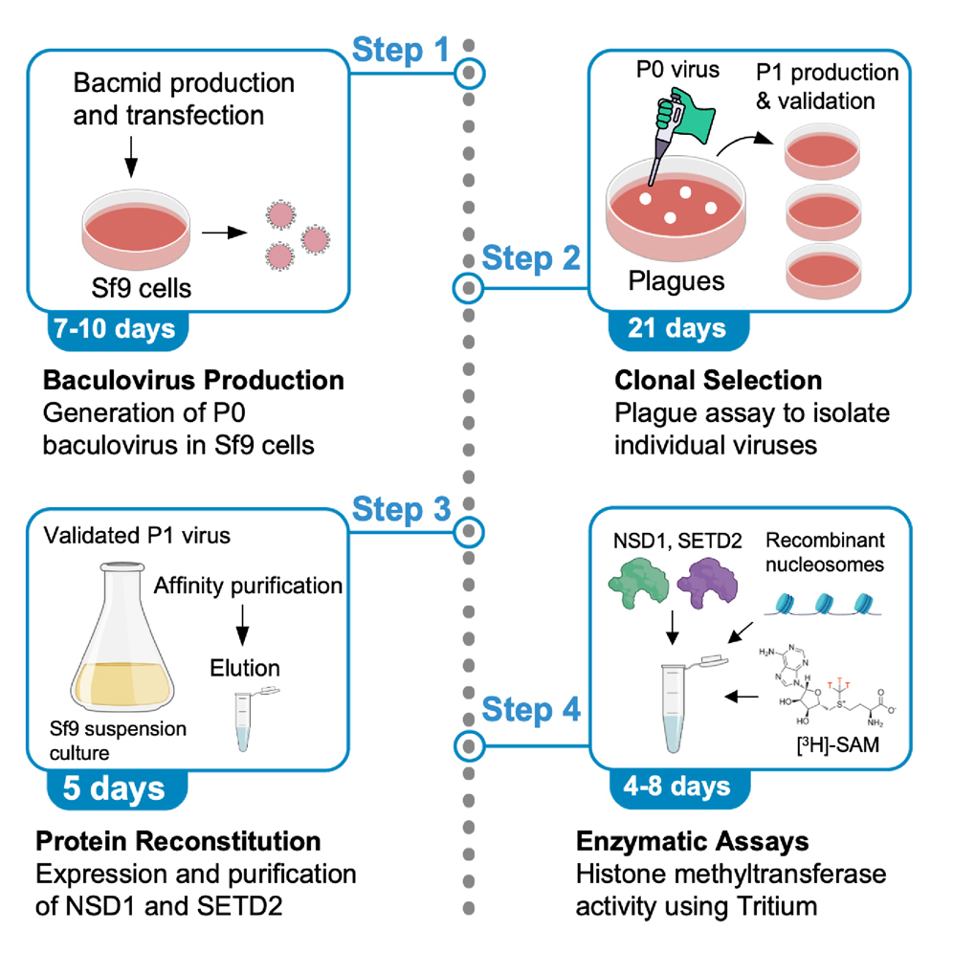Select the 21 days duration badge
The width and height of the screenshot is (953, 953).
676,328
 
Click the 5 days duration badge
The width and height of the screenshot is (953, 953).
114,789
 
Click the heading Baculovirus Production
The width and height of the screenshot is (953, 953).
192,381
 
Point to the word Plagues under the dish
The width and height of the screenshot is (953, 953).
674,281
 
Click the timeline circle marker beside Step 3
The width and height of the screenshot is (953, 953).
468,532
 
